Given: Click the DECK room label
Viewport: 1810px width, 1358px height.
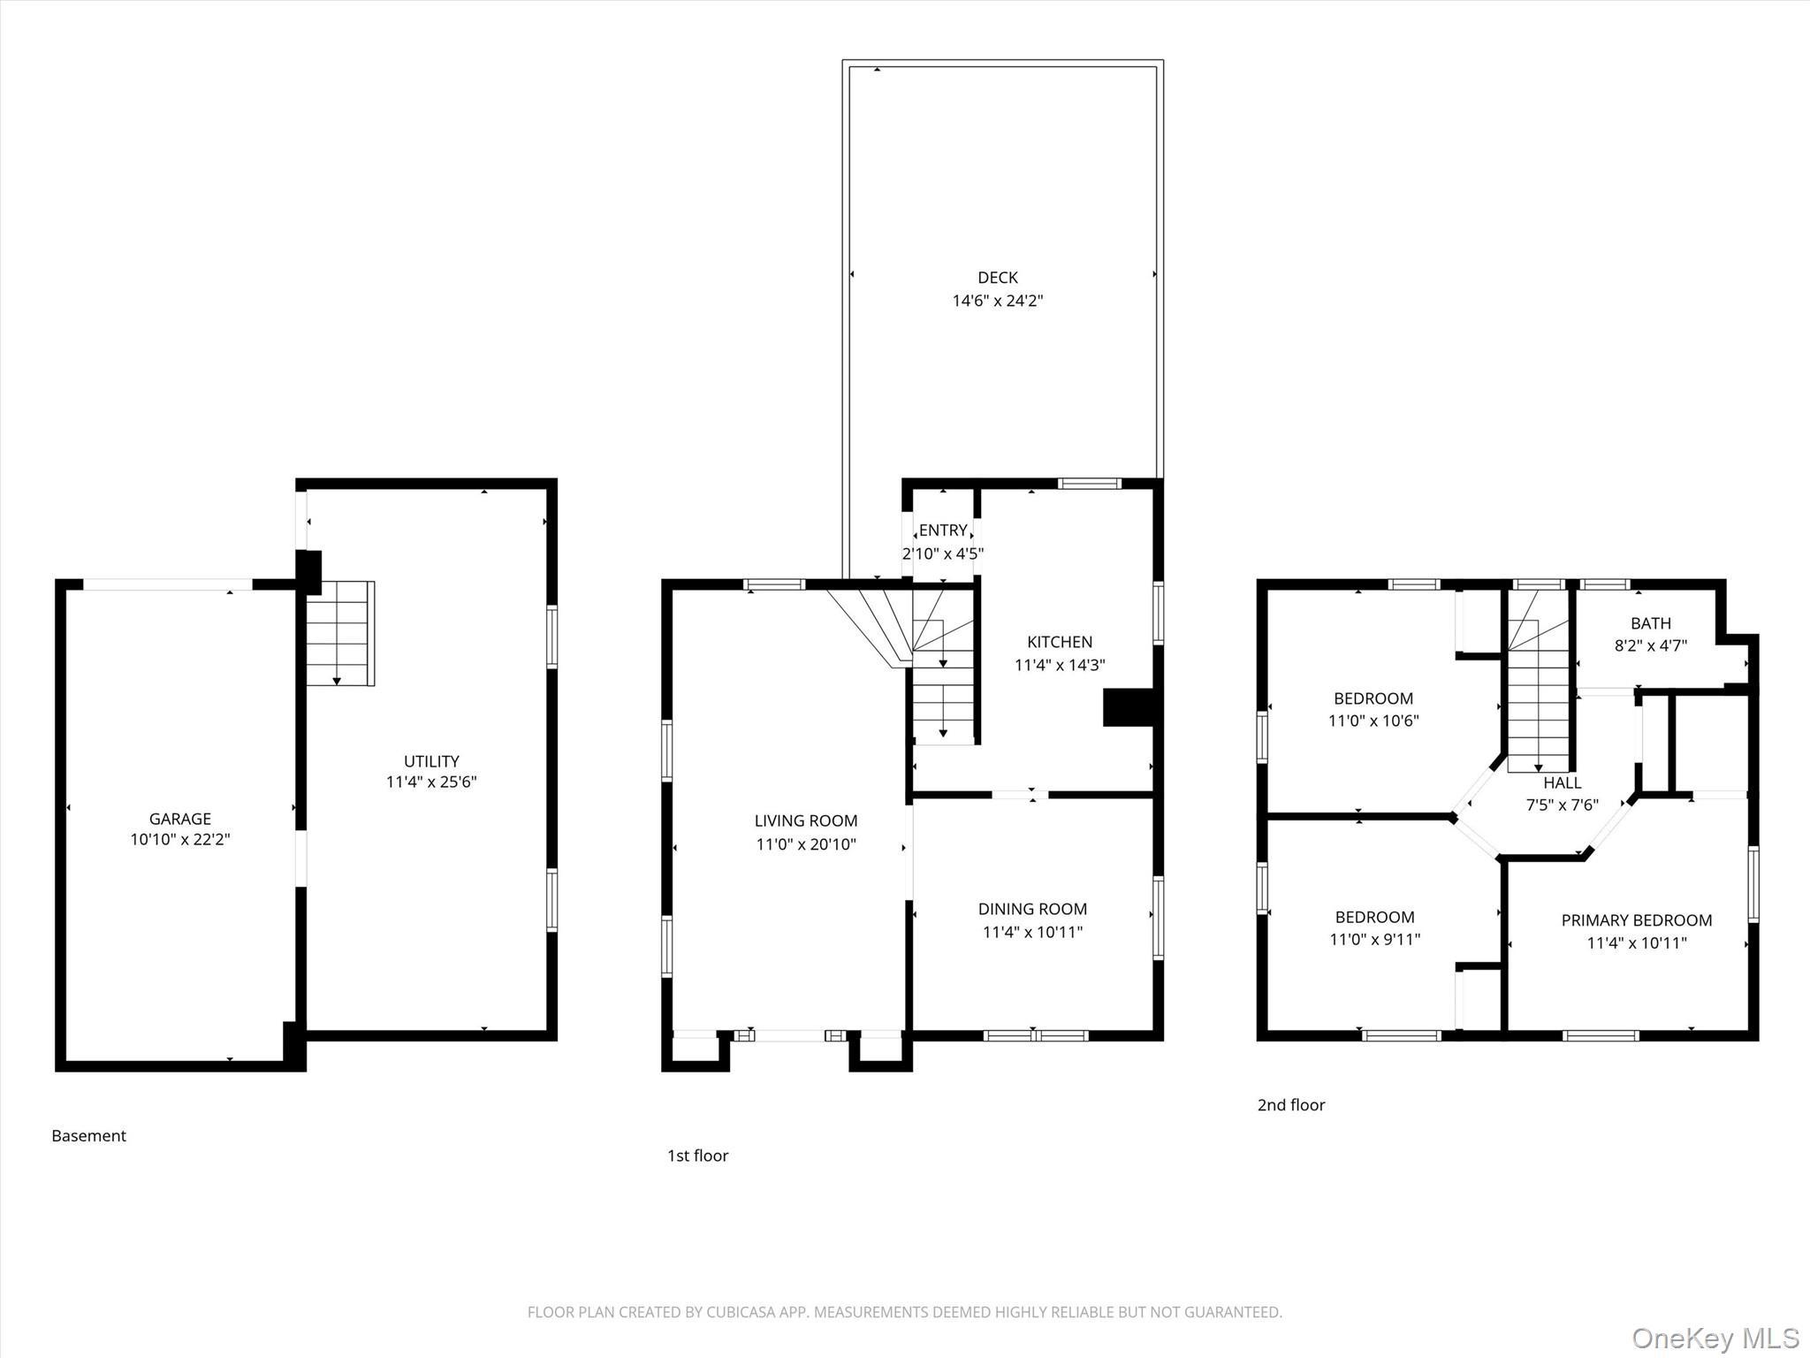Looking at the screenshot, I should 997,278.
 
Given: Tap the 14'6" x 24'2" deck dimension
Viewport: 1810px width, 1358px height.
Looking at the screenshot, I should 997,301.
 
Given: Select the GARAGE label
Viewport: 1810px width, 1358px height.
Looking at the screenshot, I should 179,819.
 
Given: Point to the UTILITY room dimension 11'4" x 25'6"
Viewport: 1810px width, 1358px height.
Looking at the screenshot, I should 431,782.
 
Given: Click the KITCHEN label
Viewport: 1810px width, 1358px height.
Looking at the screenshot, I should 1059,642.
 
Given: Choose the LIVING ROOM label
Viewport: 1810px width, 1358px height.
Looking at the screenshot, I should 805,821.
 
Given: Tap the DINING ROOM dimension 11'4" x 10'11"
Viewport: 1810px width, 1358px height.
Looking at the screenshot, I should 1032,932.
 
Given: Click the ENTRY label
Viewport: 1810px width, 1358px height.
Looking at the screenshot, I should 942,530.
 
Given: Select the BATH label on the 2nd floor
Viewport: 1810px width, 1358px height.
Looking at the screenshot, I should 1650,623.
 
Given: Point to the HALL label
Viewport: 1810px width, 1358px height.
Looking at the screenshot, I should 1562,782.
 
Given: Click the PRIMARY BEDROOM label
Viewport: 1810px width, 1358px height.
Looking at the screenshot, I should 1636,920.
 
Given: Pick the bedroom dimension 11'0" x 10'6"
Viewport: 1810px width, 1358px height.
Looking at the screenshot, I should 1373,721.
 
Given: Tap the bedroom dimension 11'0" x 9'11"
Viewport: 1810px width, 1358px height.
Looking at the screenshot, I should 1374,940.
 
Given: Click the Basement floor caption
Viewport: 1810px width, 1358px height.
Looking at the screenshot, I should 88,1136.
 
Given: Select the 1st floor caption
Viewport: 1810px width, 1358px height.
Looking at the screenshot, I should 697,1156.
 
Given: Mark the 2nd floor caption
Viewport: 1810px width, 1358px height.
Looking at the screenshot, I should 1290,1105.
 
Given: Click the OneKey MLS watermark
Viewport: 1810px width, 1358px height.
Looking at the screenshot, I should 1715,1338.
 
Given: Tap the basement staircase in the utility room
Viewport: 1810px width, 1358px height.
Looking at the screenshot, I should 339,633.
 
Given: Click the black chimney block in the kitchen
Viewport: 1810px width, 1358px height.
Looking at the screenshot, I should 1128,708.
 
